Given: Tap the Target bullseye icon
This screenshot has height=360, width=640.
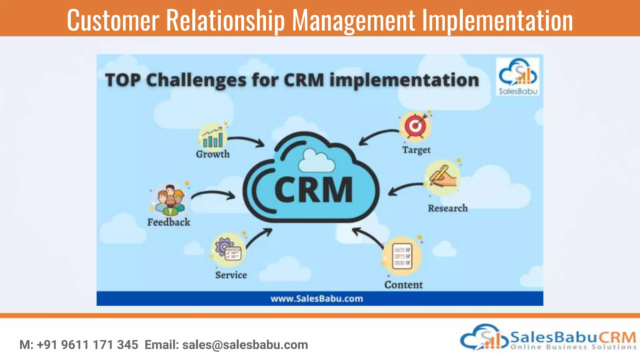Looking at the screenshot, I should click(416, 126).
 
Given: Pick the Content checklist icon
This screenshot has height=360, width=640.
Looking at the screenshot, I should click(402, 256).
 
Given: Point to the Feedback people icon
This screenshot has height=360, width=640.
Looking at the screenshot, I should click(170, 200).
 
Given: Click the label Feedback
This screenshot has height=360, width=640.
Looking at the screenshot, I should click(169, 222).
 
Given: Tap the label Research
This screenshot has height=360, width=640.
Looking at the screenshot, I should click(448, 208).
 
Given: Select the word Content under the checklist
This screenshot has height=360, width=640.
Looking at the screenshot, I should click(403, 285).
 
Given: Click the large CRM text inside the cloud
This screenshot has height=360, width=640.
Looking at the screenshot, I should click(313, 190).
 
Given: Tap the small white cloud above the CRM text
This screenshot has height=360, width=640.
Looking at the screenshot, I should click(316, 161).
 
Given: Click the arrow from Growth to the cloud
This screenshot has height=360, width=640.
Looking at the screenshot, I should click(247, 141).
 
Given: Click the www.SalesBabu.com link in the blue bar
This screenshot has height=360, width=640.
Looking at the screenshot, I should click(317, 298).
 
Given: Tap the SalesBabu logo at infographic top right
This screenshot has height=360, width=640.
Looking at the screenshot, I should click(518, 77).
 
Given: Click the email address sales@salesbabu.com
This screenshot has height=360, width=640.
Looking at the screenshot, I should click(245, 345).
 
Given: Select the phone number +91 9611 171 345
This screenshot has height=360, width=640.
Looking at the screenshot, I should click(87, 345).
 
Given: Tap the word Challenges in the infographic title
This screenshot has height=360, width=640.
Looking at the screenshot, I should click(196, 80).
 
